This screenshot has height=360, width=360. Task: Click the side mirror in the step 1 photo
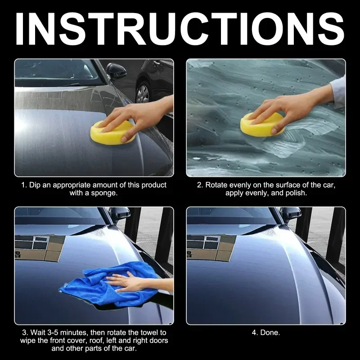[x=116, y=71]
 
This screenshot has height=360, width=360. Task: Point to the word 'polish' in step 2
[x=296, y=193]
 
